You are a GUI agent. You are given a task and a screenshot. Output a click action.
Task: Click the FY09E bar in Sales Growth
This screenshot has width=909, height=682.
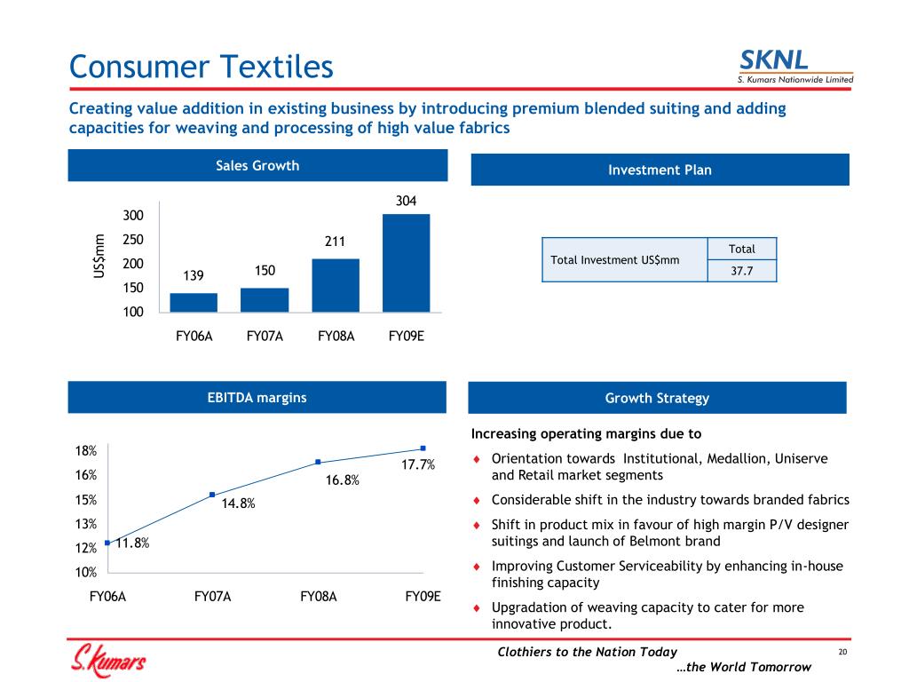point(406,263)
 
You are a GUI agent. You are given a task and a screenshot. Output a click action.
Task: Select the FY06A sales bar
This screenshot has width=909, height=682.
point(194,302)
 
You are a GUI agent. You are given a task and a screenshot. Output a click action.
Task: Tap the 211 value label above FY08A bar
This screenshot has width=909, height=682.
point(335,241)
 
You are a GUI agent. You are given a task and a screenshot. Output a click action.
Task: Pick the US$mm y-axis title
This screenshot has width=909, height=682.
point(99,255)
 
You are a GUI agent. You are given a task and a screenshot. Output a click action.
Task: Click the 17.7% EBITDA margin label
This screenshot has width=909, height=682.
point(416,464)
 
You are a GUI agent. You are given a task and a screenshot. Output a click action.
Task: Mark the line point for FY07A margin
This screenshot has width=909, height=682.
point(212,495)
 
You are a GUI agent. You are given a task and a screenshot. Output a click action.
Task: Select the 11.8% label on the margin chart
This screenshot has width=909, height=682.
point(132,543)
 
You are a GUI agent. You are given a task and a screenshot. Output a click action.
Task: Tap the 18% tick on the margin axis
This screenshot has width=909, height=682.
point(86,450)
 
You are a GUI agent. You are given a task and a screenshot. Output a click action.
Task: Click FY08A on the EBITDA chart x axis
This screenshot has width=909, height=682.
point(319,597)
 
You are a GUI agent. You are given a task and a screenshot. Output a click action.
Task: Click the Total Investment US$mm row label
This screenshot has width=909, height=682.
point(615,260)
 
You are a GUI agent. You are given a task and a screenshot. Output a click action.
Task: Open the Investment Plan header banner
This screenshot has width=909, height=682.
point(660,170)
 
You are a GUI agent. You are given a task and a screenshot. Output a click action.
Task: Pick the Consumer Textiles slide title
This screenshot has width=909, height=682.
point(202,66)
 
